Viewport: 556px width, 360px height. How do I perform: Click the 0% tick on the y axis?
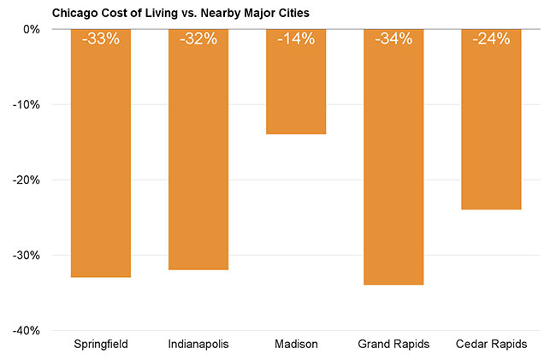(33, 29)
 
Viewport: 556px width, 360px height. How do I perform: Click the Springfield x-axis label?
(101, 344)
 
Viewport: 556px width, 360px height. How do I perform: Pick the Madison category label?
(296, 344)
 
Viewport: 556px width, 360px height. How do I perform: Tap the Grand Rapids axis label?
(393, 344)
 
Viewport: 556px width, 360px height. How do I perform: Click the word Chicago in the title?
(74, 13)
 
